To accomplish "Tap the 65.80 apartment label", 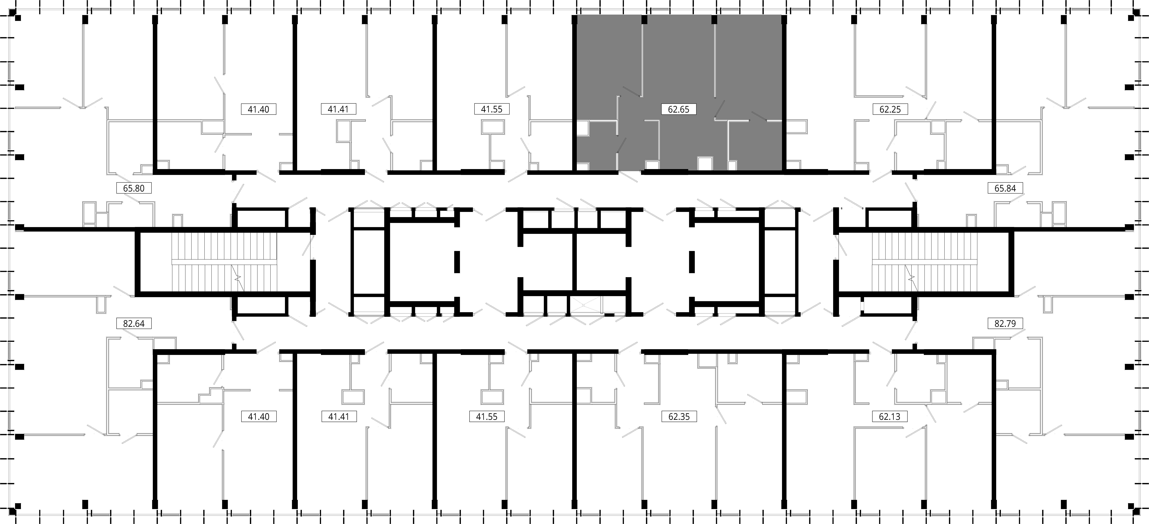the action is (x=134, y=188).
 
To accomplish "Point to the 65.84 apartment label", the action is (x=1005, y=188).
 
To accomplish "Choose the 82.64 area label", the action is (x=134, y=323).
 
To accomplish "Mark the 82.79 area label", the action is (x=1005, y=323).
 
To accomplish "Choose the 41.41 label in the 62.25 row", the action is (x=338, y=109).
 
